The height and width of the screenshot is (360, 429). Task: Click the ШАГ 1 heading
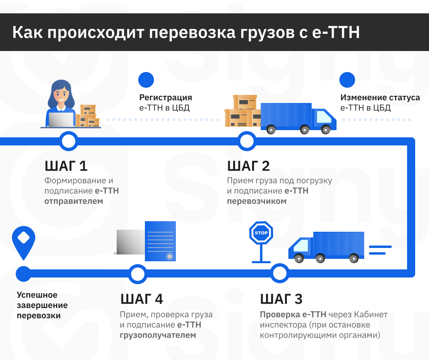[66, 166]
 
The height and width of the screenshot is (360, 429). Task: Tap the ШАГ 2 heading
[248, 166]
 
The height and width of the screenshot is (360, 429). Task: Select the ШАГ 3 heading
[281, 299]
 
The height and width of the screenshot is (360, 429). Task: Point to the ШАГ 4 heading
[142, 299]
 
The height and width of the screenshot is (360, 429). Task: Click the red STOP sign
[261, 233]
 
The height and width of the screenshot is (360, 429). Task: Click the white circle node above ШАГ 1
[69, 141]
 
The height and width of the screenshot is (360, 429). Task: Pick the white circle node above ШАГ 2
[246, 141]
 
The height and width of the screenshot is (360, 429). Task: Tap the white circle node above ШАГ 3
[279, 274]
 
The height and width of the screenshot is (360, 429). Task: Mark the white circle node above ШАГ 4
[138, 274]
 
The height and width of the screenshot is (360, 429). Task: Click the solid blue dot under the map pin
[23, 274]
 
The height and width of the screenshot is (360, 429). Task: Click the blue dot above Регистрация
[146, 80]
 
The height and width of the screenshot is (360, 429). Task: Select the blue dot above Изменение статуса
[347, 80]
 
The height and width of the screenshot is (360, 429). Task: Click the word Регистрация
[165, 98]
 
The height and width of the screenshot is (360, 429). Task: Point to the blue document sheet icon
[160, 241]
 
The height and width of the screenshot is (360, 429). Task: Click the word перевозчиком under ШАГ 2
[256, 201]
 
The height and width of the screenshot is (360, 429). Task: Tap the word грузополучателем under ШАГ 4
[157, 335]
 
